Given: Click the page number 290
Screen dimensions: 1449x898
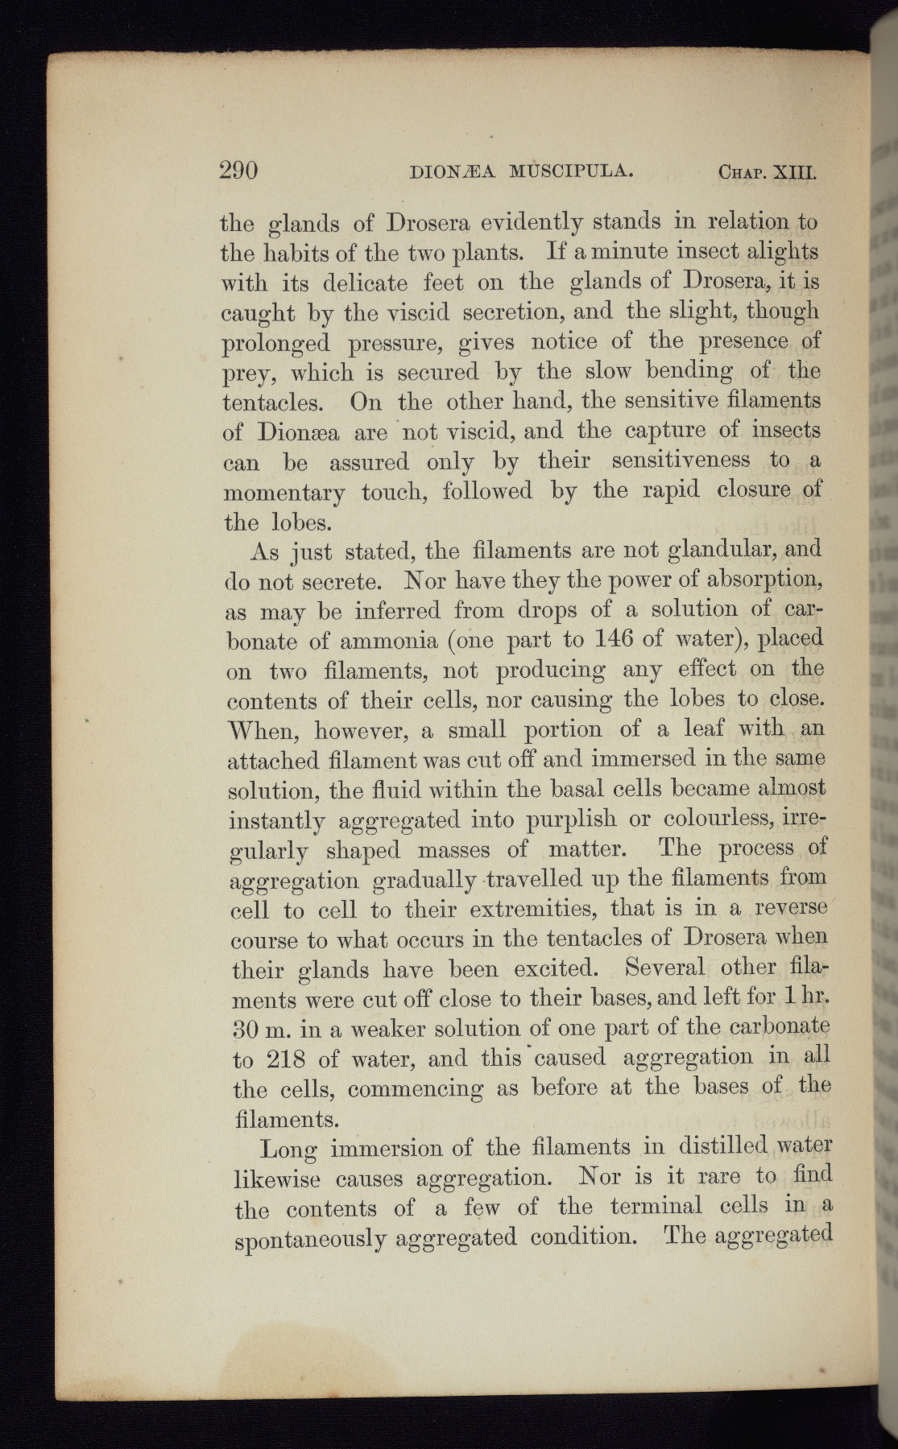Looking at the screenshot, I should tap(238, 170).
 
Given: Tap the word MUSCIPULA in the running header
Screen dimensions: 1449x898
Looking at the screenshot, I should tap(569, 171).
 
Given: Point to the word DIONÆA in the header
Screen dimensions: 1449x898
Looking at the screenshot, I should tap(453, 171).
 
